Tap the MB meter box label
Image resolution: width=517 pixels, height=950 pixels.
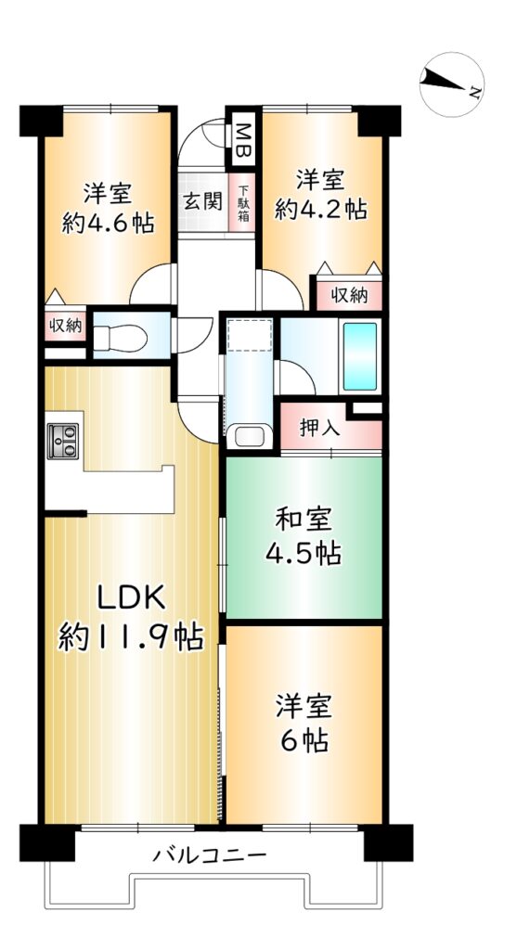pyautogui.click(x=243, y=140)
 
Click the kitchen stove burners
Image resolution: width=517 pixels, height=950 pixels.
pyautogui.click(x=63, y=441)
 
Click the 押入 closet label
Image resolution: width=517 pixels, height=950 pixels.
pyautogui.click(x=319, y=428)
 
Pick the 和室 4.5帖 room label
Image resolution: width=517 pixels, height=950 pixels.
pyautogui.click(x=303, y=535)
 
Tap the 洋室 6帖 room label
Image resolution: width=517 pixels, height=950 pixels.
pyautogui.click(x=303, y=724)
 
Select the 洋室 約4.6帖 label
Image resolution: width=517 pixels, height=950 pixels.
pyautogui.click(x=108, y=209)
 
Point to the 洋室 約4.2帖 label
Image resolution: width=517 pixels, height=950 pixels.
pyautogui.click(x=320, y=194)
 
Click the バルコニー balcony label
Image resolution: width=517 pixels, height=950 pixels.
pyautogui.click(x=209, y=856)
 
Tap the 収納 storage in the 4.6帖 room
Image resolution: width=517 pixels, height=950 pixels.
pyautogui.click(x=66, y=326)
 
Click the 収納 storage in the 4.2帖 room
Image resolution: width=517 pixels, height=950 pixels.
pyautogui.click(x=349, y=295)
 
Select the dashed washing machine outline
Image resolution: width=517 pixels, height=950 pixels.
pyautogui.click(x=249, y=335)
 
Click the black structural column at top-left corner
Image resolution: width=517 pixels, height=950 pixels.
pyautogui.click(x=41, y=121)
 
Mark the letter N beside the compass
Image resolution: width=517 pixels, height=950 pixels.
pyautogui.click(x=476, y=93)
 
